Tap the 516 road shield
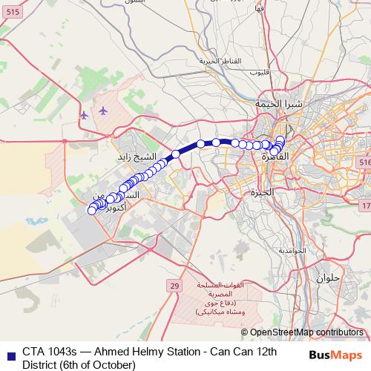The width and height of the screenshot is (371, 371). (364, 162)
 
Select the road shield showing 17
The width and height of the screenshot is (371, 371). (366, 204)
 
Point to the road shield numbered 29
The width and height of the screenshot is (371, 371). (174, 286)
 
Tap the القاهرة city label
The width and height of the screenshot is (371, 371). (275, 157)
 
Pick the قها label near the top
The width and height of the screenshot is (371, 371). (259, 9)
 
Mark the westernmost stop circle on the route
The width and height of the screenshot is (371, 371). (92, 211)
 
